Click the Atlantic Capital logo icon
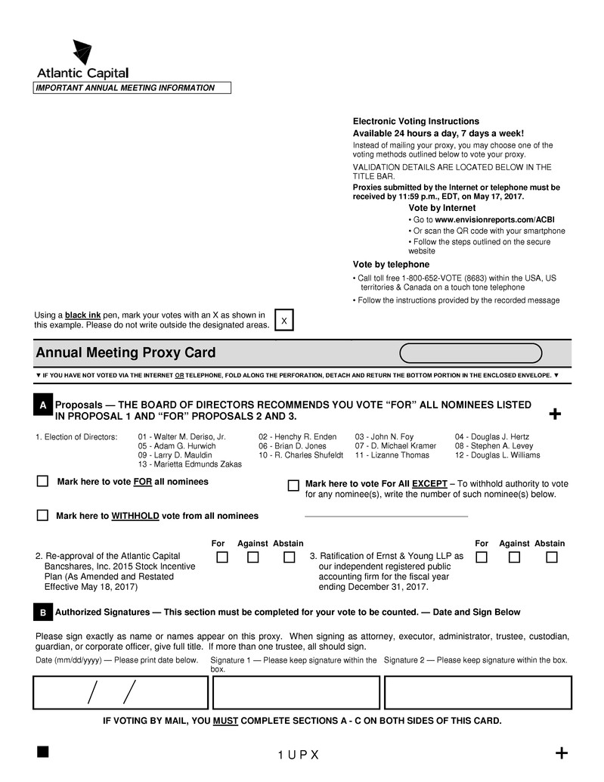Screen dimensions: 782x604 pos(82,52)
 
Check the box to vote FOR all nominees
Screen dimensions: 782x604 pos(43,481)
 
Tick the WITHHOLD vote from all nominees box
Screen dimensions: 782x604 pos(43,515)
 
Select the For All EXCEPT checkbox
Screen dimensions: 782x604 pos(293,485)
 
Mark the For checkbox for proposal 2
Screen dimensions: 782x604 pos(222,557)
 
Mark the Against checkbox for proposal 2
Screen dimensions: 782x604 pos(253,557)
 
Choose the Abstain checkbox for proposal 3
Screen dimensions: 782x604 pos(552,557)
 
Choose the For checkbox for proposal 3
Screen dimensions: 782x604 pos(481,557)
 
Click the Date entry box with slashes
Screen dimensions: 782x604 pos(120,692)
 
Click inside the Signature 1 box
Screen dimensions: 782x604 pos(296,692)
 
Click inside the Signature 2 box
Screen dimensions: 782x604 pos(478,692)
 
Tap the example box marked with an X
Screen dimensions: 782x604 pos(283,321)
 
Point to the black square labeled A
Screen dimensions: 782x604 pos(43,405)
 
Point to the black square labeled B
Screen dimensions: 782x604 pos(43,612)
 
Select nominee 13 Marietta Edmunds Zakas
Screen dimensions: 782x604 pos(190,464)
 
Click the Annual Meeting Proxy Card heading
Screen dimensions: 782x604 pos(125,353)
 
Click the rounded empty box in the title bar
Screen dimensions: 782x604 pos(470,353)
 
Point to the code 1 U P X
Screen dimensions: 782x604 pos(299,756)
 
